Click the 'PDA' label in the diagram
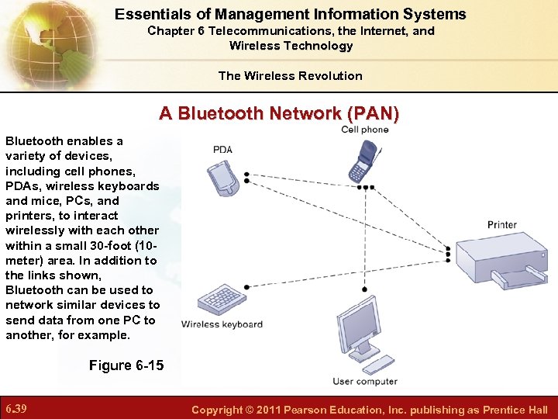[222, 150]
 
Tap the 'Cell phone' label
[365, 130]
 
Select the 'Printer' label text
[502, 225]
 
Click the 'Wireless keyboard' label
[222, 324]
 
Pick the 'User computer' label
[365, 381]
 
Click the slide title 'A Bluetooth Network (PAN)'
[279, 113]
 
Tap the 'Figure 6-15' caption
[126, 365]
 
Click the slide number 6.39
[17, 409]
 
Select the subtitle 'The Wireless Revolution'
[291, 75]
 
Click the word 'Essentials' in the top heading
[150, 14]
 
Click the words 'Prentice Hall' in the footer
[515, 410]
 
